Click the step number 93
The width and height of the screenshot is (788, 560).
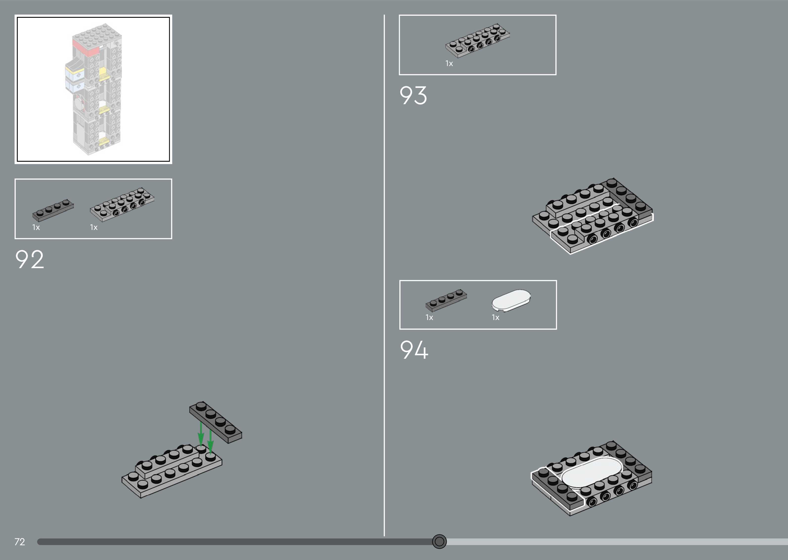click(x=413, y=96)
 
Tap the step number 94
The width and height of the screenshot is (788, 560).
click(x=414, y=350)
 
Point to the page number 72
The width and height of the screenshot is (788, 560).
click(x=20, y=542)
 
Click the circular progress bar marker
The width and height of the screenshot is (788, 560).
click(x=439, y=541)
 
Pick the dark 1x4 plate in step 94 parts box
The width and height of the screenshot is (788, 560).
click(x=446, y=300)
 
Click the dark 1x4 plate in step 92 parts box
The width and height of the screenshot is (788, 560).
click(x=53, y=209)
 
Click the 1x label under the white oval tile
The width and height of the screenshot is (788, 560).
click(x=495, y=318)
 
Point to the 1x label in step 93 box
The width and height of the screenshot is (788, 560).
click(x=449, y=63)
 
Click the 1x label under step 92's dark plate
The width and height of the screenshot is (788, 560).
click(x=36, y=227)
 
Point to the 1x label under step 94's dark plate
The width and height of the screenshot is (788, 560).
click(x=429, y=318)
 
